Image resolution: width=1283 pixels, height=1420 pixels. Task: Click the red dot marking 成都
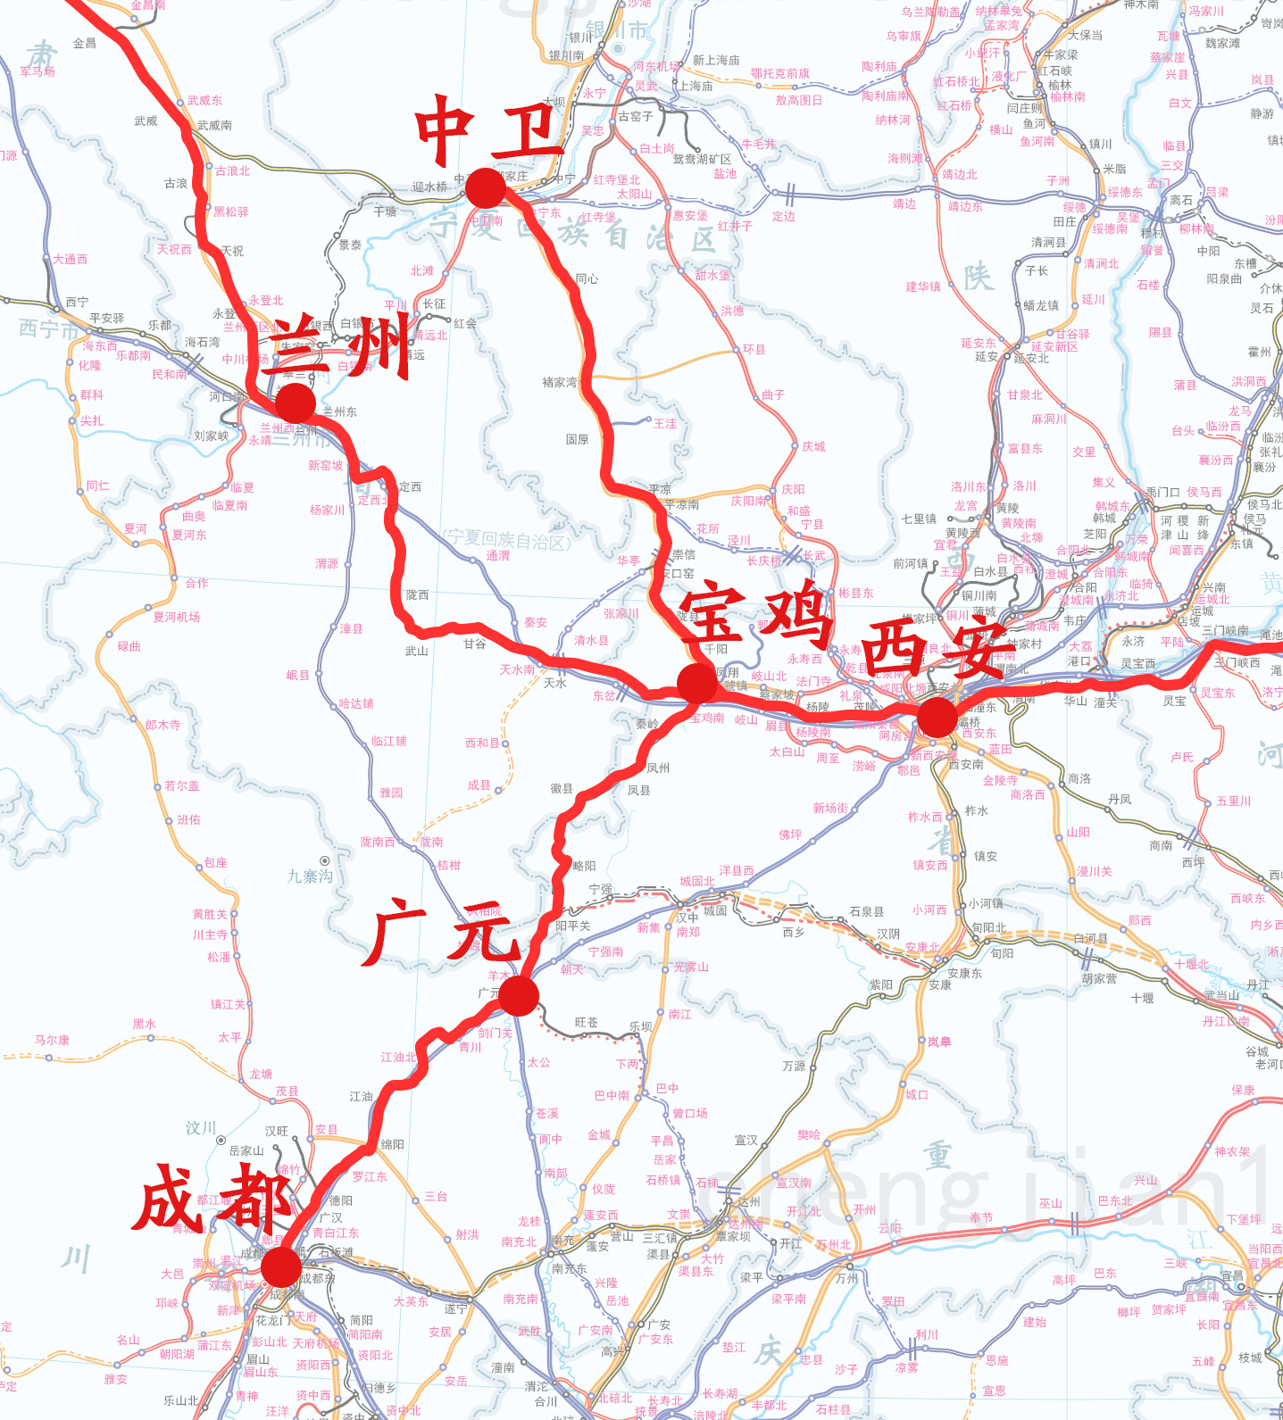point(280,1266)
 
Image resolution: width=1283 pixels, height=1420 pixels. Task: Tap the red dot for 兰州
point(296,403)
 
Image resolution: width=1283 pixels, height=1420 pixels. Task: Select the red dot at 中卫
point(486,187)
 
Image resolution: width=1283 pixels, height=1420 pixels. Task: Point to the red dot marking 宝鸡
point(697,684)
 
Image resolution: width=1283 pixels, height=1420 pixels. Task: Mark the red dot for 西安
point(937,717)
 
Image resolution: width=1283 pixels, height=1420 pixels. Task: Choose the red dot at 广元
point(519,995)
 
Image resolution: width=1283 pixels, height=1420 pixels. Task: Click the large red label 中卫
point(488,131)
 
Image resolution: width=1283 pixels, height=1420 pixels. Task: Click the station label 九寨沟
point(310,876)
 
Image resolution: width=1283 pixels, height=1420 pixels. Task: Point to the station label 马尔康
point(52,1040)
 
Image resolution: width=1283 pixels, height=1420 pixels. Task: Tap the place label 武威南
point(214,125)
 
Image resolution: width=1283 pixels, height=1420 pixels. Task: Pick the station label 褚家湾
point(559,382)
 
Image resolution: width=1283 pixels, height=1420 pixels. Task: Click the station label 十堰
point(1142,998)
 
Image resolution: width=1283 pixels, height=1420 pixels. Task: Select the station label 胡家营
point(1099,978)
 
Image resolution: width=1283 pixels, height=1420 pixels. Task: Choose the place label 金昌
point(85,43)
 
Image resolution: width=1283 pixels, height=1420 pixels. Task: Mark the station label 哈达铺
point(356,703)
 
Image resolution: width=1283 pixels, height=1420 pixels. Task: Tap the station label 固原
point(577,439)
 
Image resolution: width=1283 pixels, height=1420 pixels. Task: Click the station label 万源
point(794,1066)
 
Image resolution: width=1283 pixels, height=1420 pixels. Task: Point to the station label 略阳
point(584,866)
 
